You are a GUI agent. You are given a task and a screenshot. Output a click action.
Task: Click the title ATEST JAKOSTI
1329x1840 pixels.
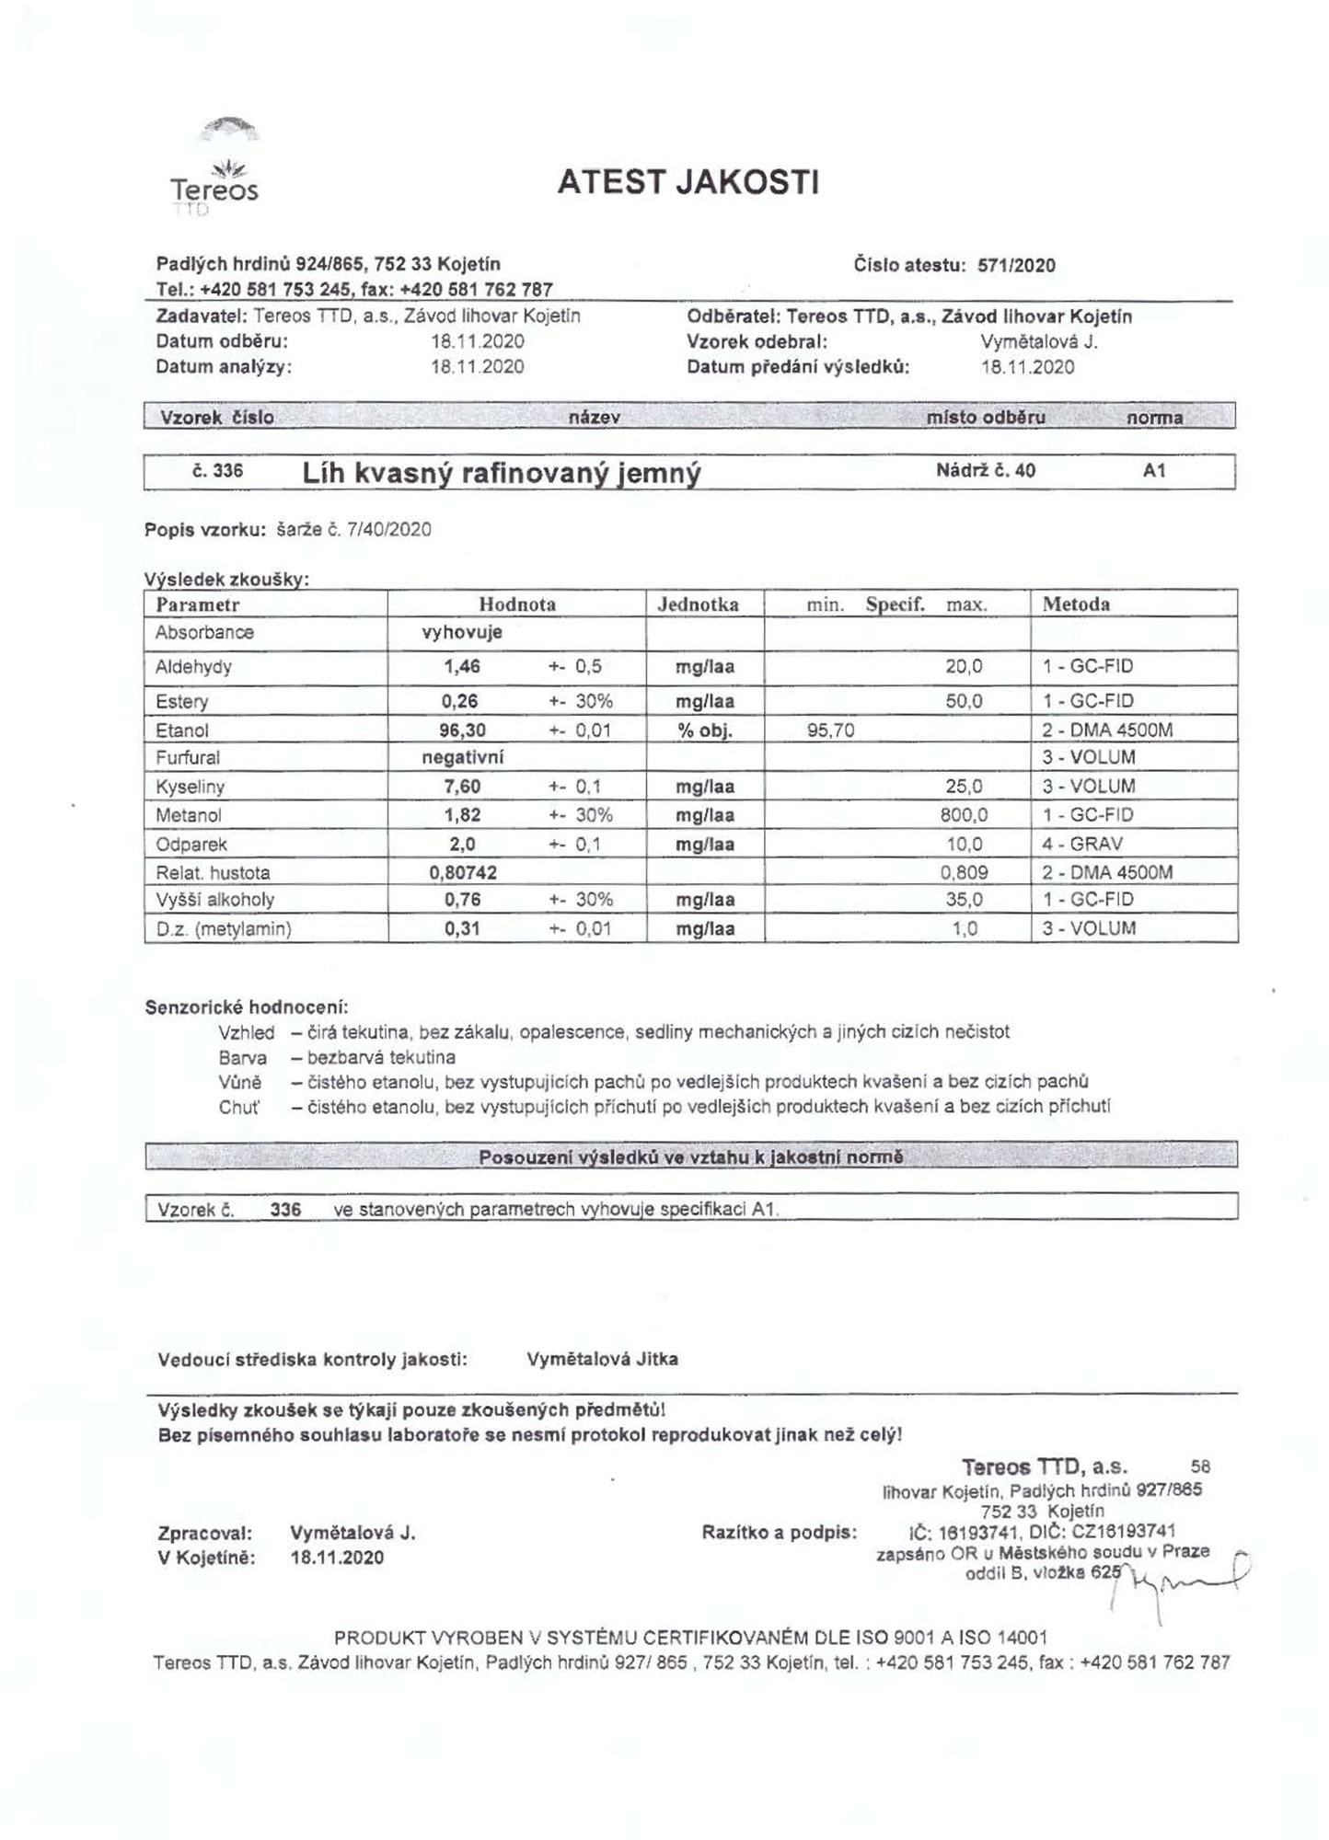[x=688, y=182]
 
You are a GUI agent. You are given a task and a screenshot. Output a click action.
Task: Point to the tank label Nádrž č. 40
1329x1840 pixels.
[x=985, y=471]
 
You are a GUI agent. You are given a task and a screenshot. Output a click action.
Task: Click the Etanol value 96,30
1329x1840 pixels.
[x=463, y=730]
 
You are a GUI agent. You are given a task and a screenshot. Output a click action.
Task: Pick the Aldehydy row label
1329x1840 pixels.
[x=193, y=667]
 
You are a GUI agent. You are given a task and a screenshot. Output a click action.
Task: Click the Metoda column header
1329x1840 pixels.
[x=1076, y=604]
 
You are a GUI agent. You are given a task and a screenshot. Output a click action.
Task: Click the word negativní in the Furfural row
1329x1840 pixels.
[x=462, y=758]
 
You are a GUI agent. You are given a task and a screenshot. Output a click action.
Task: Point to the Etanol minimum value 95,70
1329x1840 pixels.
[x=830, y=730]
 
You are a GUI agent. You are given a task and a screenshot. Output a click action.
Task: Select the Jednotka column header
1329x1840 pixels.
[x=698, y=604]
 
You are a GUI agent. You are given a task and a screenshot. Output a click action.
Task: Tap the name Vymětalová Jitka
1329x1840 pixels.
[x=602, y=1359]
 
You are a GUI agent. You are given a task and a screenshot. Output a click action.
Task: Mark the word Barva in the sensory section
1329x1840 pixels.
[x=243, y=1057]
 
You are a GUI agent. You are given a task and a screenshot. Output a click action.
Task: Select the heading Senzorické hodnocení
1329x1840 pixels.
[x=247, y=1007]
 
